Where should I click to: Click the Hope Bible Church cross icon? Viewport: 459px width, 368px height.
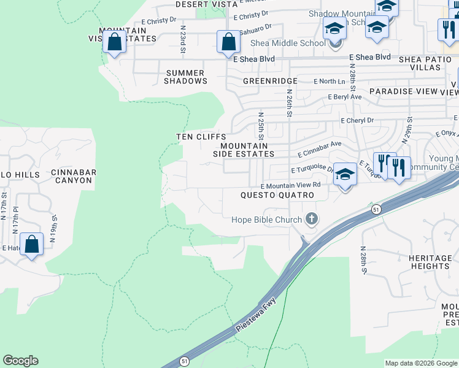312,219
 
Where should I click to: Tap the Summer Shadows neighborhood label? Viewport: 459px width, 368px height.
187,77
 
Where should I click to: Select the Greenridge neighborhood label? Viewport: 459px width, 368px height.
270,81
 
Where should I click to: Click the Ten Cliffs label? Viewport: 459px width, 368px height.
201,137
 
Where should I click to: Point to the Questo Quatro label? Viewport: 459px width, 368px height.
277,195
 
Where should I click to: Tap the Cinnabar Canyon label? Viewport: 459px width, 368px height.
74,177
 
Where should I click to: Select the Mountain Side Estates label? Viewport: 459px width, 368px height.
244,150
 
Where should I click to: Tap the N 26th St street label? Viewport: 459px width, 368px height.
289,101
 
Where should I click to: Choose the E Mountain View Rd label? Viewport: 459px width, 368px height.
291,185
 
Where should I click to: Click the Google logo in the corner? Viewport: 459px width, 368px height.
20,361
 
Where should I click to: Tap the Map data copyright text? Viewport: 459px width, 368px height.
421,363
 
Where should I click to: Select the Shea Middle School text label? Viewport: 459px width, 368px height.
288,43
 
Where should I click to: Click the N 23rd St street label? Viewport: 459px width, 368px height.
183,37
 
